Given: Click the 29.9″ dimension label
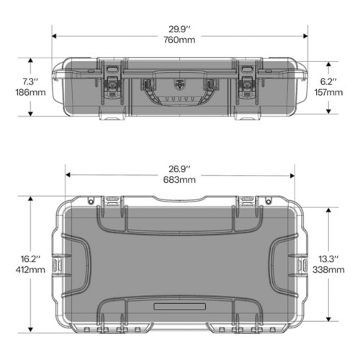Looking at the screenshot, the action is pos(179,30).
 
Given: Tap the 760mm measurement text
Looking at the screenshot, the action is pos(179,40).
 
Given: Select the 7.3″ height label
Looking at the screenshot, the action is pos(30,81).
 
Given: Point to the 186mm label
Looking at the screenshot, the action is pos(30,92).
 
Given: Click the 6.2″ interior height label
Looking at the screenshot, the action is pos(328,81).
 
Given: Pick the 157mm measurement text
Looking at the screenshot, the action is pos(328,92).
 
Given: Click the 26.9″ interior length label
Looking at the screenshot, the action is pos(179,169).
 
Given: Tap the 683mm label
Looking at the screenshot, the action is pos(179,180).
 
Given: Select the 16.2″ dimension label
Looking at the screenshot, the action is pos(30,259).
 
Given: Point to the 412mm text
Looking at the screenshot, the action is pos(30,269).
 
